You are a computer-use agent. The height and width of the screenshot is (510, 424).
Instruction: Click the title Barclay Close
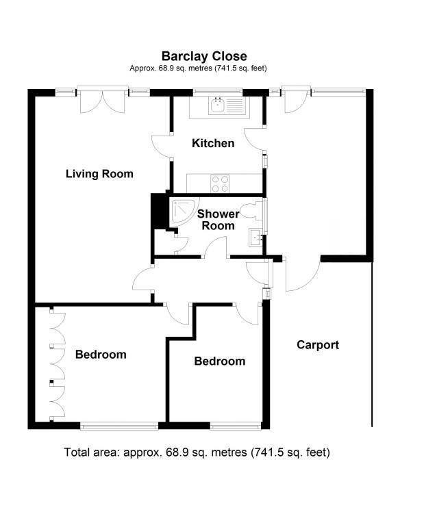pos(204,56)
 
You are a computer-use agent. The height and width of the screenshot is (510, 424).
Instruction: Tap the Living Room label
pos(99,174)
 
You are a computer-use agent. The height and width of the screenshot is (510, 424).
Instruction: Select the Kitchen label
pos(213,144)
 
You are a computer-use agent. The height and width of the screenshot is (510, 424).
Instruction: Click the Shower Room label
pos(218,220)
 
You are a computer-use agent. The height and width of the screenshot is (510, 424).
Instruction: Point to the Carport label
pos(318,345)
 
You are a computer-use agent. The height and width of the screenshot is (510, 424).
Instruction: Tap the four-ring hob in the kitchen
pos(220,183)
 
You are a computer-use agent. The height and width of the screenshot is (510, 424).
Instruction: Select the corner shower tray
pos(182,211)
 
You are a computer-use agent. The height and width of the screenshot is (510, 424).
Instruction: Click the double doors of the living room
pos(102,101)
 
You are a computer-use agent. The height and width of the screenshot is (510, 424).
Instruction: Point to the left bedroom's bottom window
pos(119,426)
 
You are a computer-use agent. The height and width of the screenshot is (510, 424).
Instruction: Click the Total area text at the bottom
pos(197,452)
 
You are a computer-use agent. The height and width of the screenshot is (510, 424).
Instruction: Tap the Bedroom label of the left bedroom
pos(101,355)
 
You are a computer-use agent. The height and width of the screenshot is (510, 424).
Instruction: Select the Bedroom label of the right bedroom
pos(219,361)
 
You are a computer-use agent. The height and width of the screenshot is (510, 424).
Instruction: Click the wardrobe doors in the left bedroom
pos(56,365)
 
